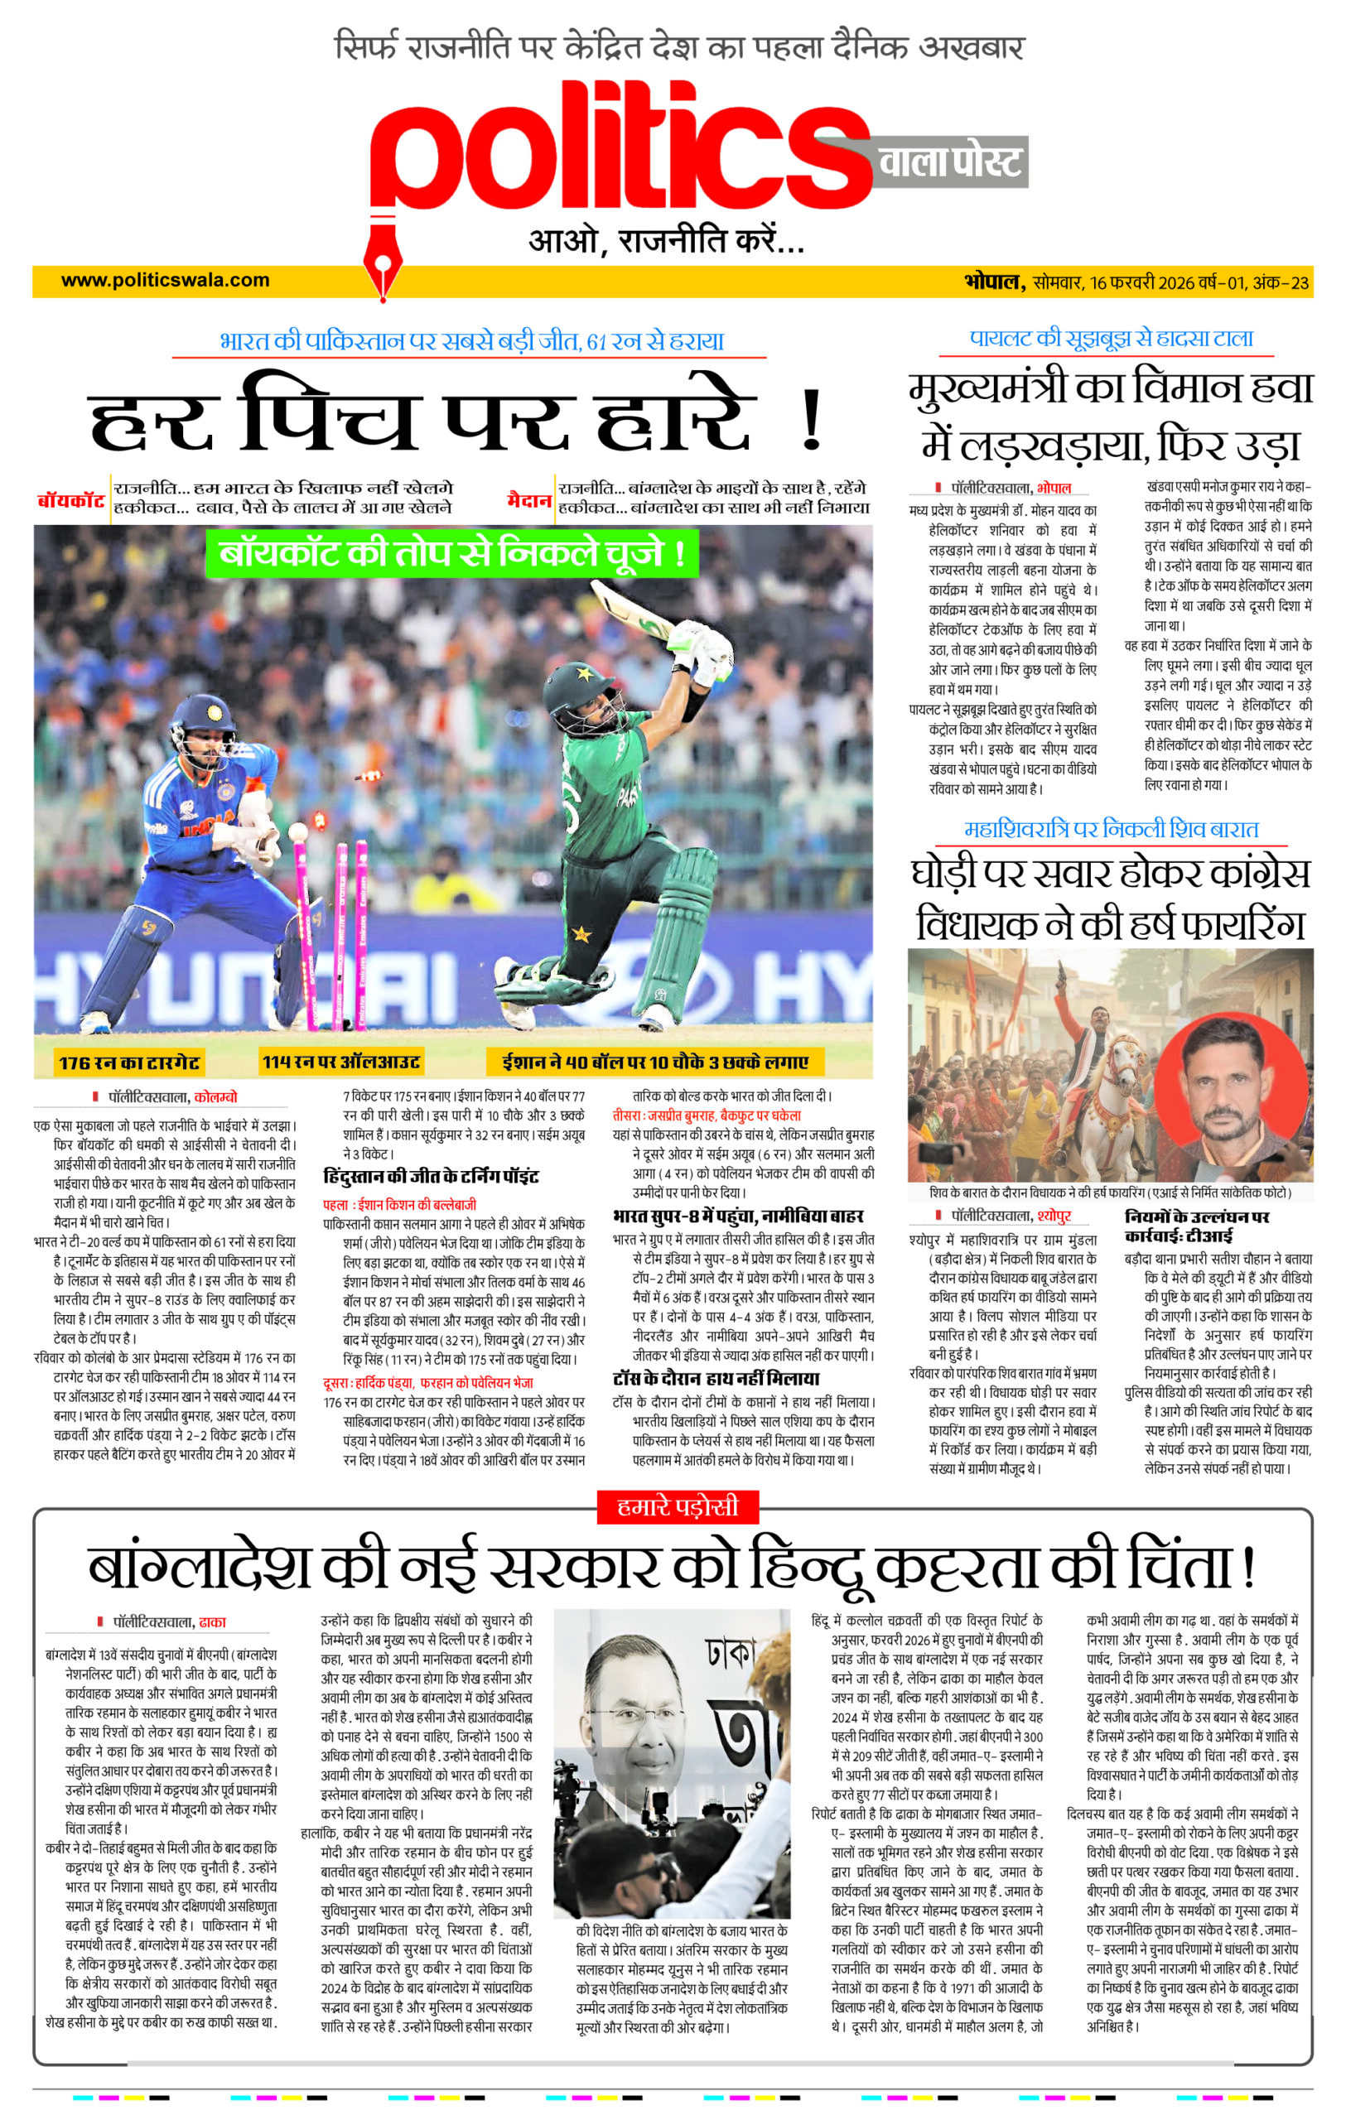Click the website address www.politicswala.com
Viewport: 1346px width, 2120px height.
[x=165, y=281]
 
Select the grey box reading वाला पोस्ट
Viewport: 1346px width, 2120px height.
[x=951, y=162]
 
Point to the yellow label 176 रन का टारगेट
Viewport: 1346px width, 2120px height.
[x=128, y=1062]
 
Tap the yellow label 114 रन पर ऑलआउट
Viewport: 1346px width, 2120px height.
[x=340, y=1062]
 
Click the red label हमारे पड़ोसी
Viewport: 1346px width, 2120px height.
[x=677, y=1506]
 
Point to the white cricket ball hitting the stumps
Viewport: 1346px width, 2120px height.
[x=297, y=831]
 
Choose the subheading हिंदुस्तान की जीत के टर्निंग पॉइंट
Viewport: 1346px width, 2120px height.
[x=431, y=1176]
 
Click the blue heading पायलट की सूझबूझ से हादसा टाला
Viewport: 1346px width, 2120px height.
[x=1111, y=338]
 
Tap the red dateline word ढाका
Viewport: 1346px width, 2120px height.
[x=213, y=1621]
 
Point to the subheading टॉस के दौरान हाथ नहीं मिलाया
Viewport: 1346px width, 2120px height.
[x=716, y=1378]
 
